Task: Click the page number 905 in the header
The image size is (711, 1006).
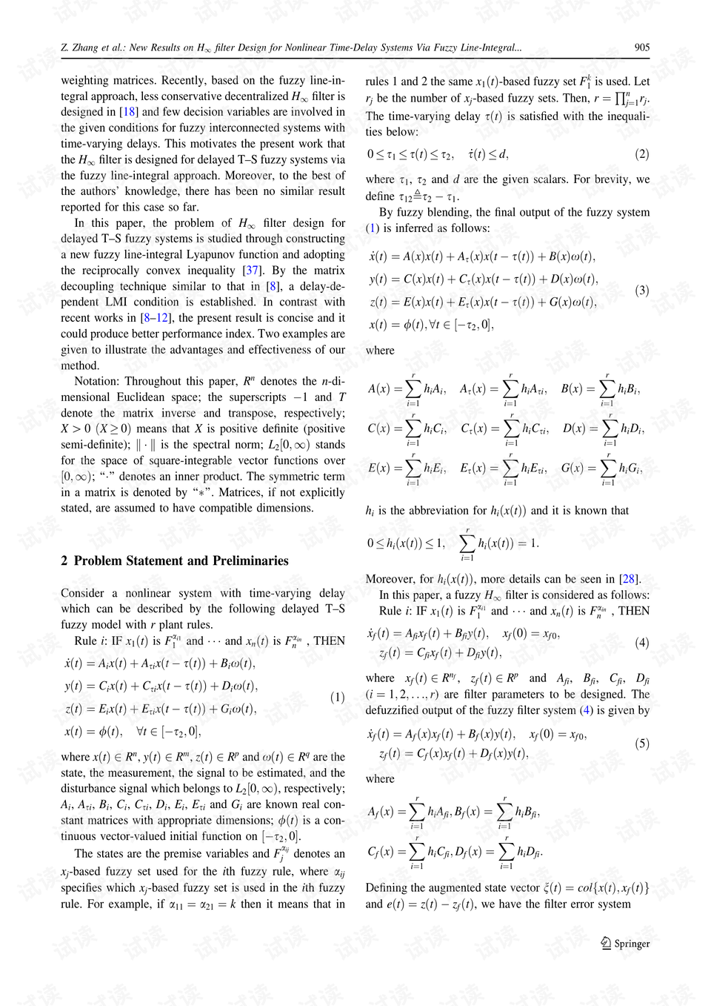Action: [641, 47]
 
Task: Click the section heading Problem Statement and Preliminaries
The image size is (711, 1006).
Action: [181, 561]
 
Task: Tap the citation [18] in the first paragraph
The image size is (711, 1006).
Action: [129, 112]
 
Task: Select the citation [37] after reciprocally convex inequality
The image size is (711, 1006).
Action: [252, 271]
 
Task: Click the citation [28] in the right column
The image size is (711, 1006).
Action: [630, 579]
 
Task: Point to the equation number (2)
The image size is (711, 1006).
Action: [641, 154]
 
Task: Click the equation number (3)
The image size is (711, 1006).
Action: [641, 291]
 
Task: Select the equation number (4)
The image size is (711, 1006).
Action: [641, 643]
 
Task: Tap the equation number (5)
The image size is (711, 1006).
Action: [641, 744]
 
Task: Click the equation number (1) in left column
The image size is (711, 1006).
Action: [337, 698]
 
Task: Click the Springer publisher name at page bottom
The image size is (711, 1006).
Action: [632, 944]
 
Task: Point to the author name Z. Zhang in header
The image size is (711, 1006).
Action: [79, 47]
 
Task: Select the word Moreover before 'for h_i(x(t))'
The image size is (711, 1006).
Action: [390, 579]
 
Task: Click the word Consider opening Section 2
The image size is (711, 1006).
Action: [82, 593]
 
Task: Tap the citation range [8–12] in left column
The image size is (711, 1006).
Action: [156, 318]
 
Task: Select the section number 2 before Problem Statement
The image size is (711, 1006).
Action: [64, 561]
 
